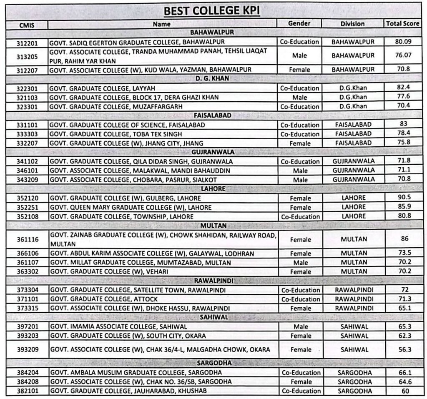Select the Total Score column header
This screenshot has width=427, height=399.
click(x=402, y=24)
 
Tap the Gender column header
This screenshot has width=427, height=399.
click(x=299, y=24)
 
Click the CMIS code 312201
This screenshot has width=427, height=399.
click(x=26, y=43)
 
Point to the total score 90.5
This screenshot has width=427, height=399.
click(x=402, y=198)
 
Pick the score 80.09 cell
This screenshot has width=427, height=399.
click(x=402, y=42)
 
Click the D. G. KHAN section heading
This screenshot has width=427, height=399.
click(x=213, y=79)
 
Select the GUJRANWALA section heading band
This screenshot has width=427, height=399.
click(x=213, y=152)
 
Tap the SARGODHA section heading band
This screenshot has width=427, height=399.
click(x=213, y=363)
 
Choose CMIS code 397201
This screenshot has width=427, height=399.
click(x=26, y=326)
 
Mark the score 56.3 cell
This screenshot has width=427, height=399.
click(x=402, y=349)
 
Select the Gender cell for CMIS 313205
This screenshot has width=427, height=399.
click(x=299, y=55)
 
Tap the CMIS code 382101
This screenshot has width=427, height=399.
click(x=26, y=391)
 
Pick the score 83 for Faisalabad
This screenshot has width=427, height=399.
click(x=402, y=124)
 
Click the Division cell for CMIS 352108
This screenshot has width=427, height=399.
click(x=353, y=216)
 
